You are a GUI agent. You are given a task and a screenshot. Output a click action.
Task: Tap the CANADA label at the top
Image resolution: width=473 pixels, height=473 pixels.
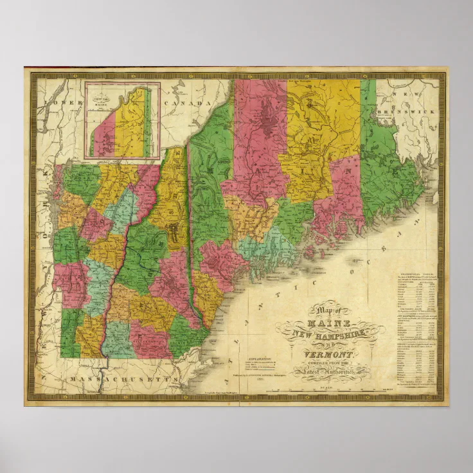tap(187, 103)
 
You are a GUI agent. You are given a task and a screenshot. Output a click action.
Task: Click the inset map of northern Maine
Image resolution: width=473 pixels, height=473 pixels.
tap(123, 120)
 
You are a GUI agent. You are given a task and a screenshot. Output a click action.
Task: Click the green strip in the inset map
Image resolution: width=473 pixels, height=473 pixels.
tap(148, 122)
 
